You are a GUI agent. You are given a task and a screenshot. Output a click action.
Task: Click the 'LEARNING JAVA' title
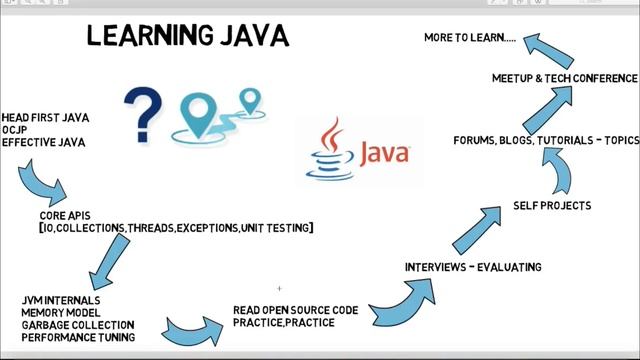coord(187,37)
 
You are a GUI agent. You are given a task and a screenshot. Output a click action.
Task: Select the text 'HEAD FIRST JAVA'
coord(45,118)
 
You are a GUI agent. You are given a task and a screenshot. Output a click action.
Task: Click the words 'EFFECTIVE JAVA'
coord(42,143)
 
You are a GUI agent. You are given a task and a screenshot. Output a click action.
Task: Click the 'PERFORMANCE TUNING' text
coord(78,338)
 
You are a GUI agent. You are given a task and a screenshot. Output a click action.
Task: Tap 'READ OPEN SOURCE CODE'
coord(295,310)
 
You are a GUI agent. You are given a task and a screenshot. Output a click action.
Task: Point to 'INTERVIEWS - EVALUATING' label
coord(473,267)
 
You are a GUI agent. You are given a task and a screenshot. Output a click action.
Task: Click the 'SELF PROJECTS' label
coord(552,206)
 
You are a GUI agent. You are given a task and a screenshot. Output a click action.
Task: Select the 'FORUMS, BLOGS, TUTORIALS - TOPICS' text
coord(546,141)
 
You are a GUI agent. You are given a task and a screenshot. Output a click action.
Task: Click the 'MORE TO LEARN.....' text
coord(470,38)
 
